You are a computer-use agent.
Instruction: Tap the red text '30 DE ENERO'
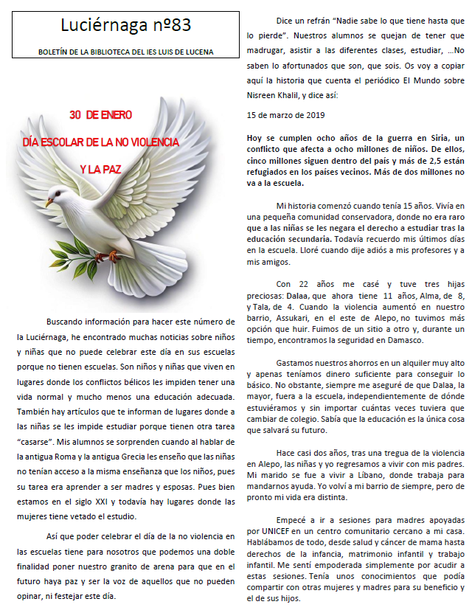[101, 115]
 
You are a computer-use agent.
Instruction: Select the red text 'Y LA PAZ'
[100, 169]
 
